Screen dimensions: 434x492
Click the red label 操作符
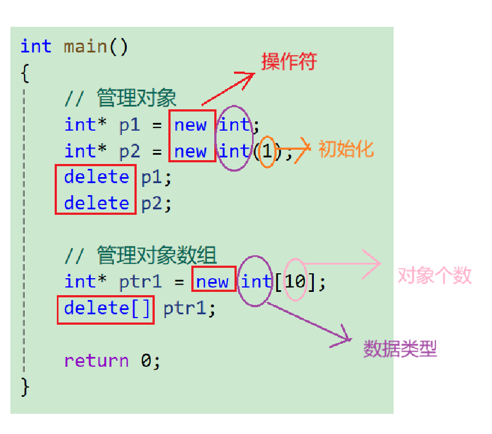point(289,62)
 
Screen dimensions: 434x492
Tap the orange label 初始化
point(346,149)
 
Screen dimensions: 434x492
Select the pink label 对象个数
point(434,275)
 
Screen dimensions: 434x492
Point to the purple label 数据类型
point(400,349)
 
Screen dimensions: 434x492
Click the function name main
point(85,46)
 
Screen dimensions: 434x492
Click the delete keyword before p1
point(96,177)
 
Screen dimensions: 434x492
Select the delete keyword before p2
point(96,203)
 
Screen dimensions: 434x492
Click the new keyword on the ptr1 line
point(212,282)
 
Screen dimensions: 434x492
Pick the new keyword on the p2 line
point(190,151)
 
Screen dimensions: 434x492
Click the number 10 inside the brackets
point(295,282)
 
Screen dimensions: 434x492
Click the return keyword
point(96,361)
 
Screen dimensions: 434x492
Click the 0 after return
point(147,361)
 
